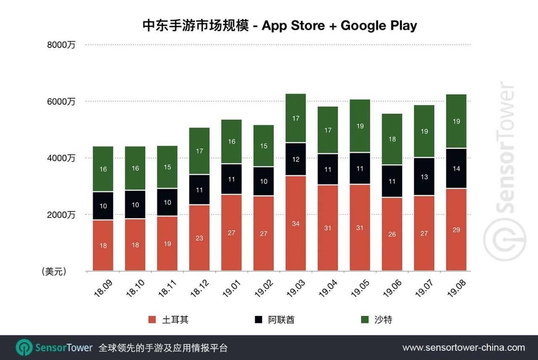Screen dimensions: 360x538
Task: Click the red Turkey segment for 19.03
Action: tap(295, 223)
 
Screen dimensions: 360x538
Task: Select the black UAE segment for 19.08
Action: tap(456, 169)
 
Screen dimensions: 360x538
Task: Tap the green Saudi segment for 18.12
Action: tap(199, 151)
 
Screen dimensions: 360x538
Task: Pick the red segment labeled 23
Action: tap(199, 238)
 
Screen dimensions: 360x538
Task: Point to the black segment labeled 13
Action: tap(424, 177)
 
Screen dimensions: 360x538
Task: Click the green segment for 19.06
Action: tap(392, 139)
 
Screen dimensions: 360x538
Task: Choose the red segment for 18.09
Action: tap(103, 246)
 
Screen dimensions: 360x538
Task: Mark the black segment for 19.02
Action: tap(264, 181)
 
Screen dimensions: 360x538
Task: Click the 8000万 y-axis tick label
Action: tap(61, 45)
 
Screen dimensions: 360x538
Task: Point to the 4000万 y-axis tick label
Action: tap(61, 158)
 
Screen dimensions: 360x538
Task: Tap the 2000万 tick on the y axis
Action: tap(61, 215)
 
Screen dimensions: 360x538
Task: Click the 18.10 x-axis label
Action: tap(135, 289)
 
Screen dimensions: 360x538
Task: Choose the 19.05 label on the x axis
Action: tap(360, 289)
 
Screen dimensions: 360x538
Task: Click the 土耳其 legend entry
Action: tap(175, 320)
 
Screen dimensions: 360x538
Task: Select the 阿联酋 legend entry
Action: tap(281, 320)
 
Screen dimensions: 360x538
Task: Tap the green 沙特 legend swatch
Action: tap(364, 320)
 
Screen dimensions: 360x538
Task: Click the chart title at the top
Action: tap(280, 26)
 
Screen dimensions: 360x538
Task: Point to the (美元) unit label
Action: tap(54, 272)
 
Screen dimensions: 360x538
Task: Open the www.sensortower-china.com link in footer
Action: tap(464, 348)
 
